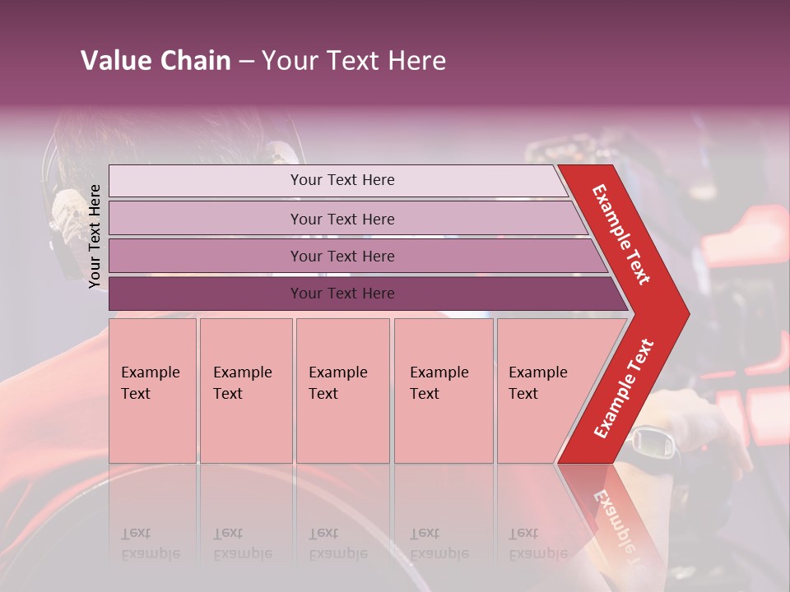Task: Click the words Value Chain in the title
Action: tap(156, 61)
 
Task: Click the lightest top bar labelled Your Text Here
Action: tap(342, 180)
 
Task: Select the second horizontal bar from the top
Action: tap(342, 219)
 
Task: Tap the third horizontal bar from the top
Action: tap(342, 256)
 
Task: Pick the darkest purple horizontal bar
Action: tap(342, 294)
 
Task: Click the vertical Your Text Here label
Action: tap(95, 236)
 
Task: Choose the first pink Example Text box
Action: tap(152, 390)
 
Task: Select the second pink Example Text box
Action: tap(245, 390)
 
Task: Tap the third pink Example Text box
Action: tap(342, 390)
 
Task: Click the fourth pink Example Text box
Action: tap(443, 390)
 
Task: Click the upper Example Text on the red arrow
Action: tap(622, 234)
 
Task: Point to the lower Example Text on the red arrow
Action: tap(625, 388)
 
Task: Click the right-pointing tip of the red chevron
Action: tap(684, 313)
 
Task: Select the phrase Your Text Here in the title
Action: tap(354, 61)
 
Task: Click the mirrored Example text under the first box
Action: tap(150, 543)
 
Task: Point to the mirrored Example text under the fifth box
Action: tap(537, 543)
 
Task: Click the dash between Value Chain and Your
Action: tap(246, 62)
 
